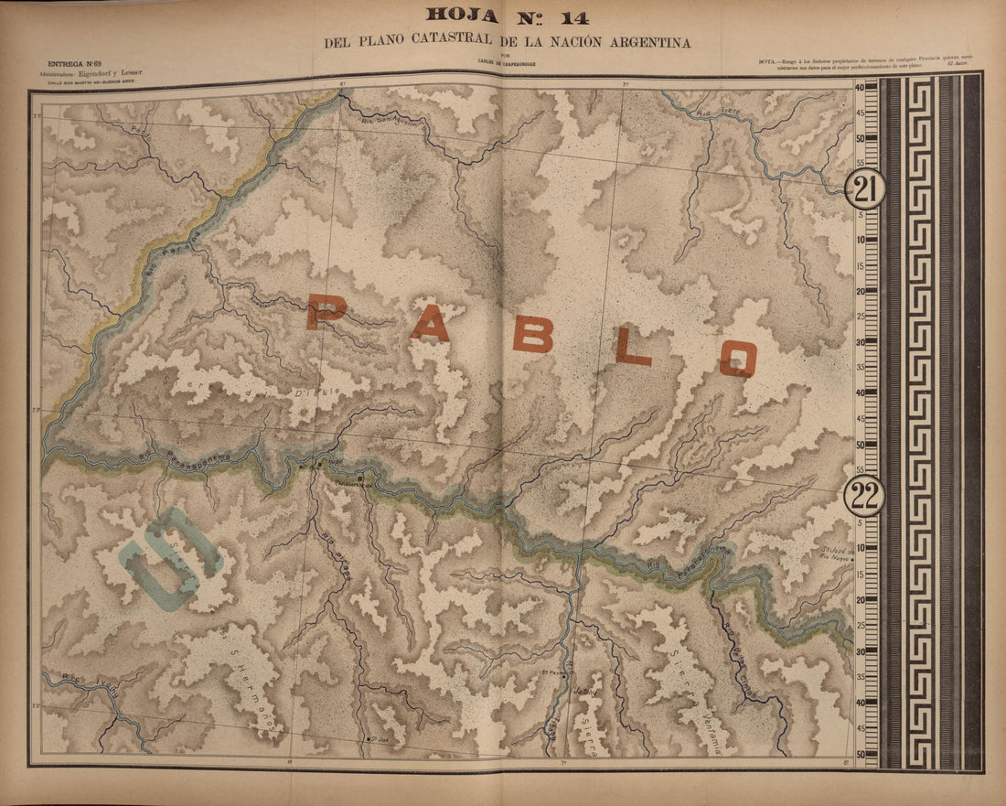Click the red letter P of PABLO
[326, 312]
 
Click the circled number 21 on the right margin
[863, 189]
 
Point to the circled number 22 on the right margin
[863, 495]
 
